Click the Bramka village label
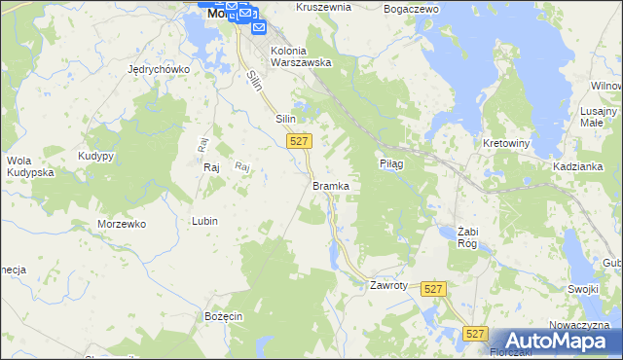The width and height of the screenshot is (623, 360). click(331, 185)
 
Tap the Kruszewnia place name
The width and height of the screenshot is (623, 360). click(296, 7)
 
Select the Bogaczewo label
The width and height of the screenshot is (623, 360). click(412, 8)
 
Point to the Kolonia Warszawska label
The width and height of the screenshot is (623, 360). click(302, 56)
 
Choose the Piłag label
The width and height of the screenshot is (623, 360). click(391, 164)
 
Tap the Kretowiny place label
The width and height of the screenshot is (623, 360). click(506, 143)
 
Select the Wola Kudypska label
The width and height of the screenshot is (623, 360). click(30, 165)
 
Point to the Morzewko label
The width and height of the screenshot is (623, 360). click(122, 224)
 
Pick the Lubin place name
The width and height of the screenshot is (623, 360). click(204, 221)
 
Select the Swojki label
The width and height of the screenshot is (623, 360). click(582, 289)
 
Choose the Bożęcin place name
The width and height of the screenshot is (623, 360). click(223, 317)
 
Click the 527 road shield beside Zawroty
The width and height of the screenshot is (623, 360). click(434, 289)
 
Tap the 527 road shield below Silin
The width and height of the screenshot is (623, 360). click(300, 141)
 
